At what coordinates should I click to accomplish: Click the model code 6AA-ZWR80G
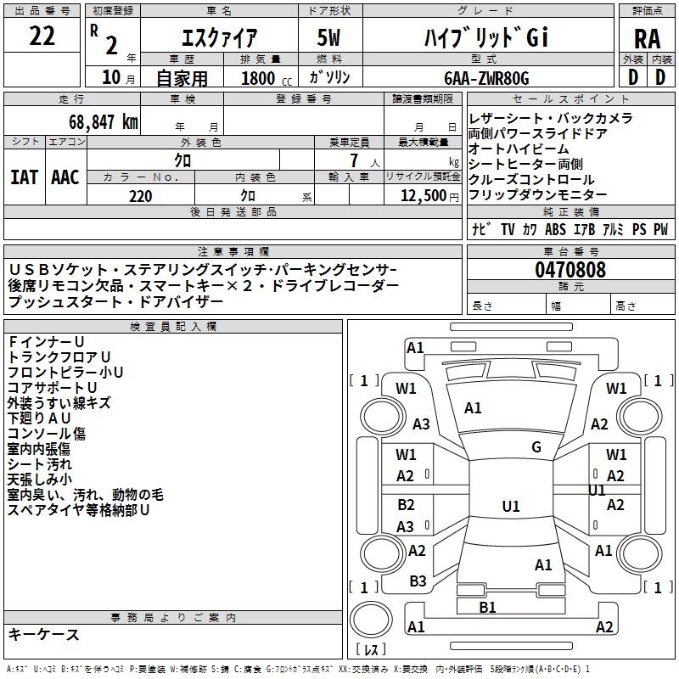pyautogui.click(x=487, y=78)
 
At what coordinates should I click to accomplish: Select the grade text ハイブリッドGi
pyautogui.click(x=487, y=38)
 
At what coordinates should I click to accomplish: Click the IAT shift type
pyautogui.click(x=24, y=177)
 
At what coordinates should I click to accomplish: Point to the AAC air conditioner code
pyautogui.click(x=65, y=177)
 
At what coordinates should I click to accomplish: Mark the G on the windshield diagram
pyautogui.click(x=536, y=446)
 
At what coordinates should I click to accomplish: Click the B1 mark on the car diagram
pyautogui.click(x=487, y=607)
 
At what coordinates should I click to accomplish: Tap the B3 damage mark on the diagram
pyautogui.click(x=418, y=581)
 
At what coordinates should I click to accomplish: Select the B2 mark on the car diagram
pyautogui.click(x=406, y=504)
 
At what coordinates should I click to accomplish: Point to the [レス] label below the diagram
pyautogui.click(x=371, y=651)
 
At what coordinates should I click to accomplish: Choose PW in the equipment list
pyautogui.click(x=659, y=229)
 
